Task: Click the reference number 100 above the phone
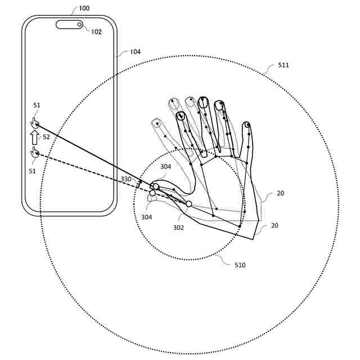pos(83,8)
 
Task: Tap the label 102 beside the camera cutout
pos(96,32)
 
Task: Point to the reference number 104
pos(135,52)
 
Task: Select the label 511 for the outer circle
pos(283,65)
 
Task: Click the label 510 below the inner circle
pos(240,264)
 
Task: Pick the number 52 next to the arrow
pos(46,137)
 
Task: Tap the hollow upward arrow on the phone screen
pos(34,137)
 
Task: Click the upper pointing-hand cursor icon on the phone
pos(35,123)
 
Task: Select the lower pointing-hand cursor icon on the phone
pos(35,152)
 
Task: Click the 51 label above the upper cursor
pos(37,105)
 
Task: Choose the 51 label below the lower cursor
pos(33,171)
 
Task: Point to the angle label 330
pos(126,179)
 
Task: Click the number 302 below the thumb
pos(179,227)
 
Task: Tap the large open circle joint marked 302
pos(189,204)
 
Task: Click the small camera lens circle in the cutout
pos(79,24)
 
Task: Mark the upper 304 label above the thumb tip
pos(165,166)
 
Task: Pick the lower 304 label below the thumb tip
pos(146,217)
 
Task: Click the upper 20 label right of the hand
pos(280,193)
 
